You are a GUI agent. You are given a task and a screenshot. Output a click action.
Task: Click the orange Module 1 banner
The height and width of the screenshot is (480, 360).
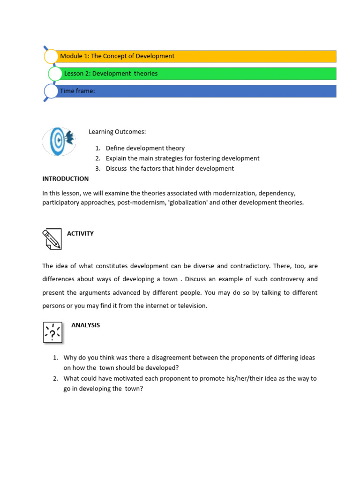pyautogui.click(x=197, y=56)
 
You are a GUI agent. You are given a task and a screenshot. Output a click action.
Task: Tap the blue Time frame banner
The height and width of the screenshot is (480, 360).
pyautogui.click(x=197, y=91)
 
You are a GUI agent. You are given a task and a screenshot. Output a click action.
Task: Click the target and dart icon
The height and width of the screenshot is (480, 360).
pyautogui.click(x=60, y=141)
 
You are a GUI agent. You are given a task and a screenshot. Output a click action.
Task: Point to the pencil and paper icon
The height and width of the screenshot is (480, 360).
pyautogui.click(x=52, y=239)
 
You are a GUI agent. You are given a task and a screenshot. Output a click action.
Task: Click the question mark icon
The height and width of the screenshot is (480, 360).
pyautogui.click(x=52, y=332)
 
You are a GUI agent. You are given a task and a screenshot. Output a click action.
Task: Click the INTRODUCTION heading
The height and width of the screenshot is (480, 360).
pyautogui.click(x=65, y=179)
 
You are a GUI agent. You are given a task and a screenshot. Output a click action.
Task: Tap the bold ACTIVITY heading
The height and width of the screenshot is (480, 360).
pyautogui.click(x=80, y=233)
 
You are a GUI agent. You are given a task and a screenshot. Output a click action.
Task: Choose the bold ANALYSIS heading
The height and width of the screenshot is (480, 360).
pyautogui.click(x=85, y=325)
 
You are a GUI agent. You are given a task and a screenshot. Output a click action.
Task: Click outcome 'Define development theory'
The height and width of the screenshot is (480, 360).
pyautogui.click(x=145, y=148)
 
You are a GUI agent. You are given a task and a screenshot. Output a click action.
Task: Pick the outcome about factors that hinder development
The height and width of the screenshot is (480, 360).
pyautogui.click(x=169, y=168)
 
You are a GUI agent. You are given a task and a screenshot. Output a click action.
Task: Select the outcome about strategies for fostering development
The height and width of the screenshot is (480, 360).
pyautogui.click(x=182, y=158)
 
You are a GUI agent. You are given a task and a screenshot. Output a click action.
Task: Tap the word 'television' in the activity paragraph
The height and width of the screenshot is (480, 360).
pyautogui.click(x=191, y=306)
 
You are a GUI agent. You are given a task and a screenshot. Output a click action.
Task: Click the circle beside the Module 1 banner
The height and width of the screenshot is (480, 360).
pyautogui.click(x=51, y=56)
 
